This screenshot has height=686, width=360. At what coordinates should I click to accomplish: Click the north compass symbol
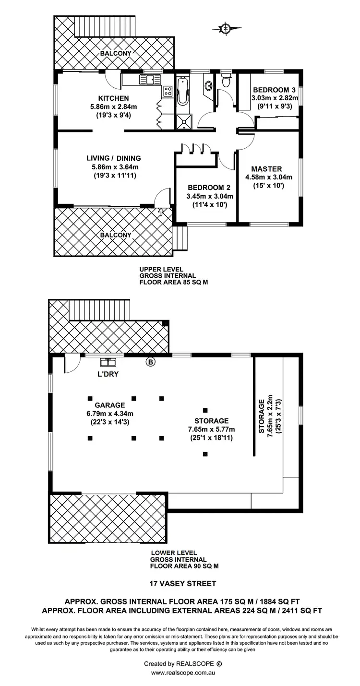[x=226, y=29]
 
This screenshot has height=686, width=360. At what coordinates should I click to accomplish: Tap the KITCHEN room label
[x=114, y=98]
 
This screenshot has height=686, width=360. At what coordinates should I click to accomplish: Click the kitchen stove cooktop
[x=168, y=91]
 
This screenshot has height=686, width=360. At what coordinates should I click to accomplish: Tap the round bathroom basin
[x=209, y=87]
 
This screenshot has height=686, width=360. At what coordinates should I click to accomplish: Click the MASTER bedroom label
[x=266, y=169]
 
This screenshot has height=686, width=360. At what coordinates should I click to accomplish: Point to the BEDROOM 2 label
[x=206, y=188]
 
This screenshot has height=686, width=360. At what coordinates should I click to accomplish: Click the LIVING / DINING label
[x=114, y=158]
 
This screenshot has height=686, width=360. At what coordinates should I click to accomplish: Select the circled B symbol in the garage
[x=150, y=362]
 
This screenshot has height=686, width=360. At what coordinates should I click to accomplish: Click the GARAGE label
[x=109, y=405]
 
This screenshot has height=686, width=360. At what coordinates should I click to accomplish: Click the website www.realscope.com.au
[x=182, y=673]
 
